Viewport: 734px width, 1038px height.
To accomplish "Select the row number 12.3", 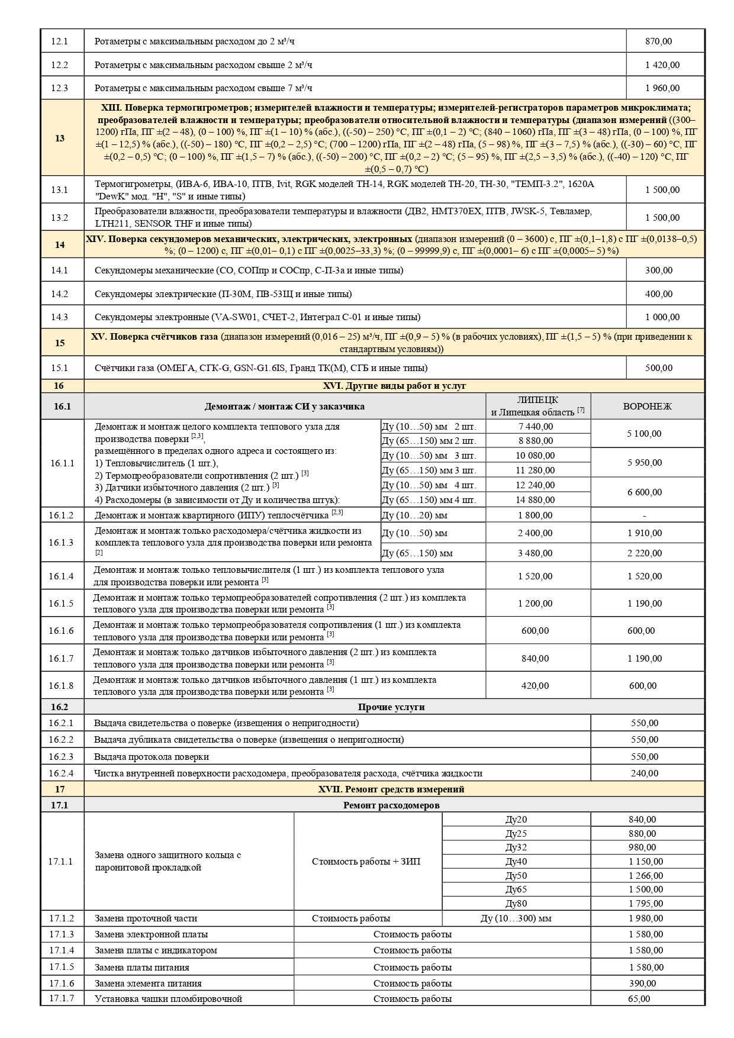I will (x=60, y=88).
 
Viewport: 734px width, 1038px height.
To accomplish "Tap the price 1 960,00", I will (x=662, y=88).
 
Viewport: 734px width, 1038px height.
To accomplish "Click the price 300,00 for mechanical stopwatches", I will (x=659, y=270).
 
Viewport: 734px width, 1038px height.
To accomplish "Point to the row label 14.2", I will (x=60, y=294).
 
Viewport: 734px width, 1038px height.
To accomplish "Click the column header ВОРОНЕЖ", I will (x=647, y=407).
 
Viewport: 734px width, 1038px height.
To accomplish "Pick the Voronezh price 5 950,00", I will (x=644, y=463).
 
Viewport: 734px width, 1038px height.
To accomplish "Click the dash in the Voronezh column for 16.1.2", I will (x=644, y=515).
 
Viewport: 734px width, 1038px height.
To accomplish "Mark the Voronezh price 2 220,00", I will (x=644, y=553).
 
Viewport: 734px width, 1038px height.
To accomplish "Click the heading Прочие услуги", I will (x=391, y=707).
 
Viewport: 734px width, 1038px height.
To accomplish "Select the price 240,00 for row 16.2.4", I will (x=644, y=773).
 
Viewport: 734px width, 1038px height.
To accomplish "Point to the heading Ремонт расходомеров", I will (x=391, y=805).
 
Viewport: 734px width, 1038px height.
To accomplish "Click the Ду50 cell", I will (x=516, y=876).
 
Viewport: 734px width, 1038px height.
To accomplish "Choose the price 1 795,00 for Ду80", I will (x=646, y=904).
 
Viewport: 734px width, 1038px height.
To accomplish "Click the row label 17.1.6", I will (x=61, y=984).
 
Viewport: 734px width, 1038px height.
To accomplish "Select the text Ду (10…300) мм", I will (x=516, y=918).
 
